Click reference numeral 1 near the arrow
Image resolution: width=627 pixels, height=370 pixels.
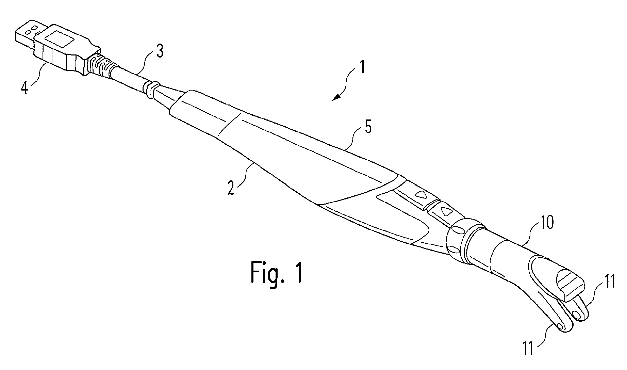tap(362, 67)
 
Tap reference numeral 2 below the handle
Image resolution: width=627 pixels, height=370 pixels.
tap(231, 188)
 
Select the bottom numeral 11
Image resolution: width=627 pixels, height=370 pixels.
tap(528, 349)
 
